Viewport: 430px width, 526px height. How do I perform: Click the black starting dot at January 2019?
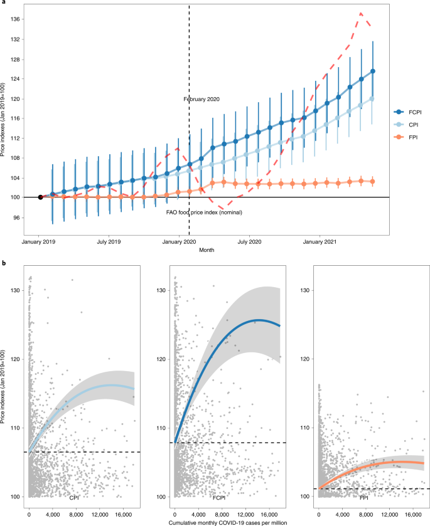click(x=40, y=197)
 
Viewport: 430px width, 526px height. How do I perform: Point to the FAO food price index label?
click(x=204, y=213)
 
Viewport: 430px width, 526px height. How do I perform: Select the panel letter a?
click(x=3, y=4)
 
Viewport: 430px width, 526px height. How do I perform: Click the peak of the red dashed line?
click(x=361, y=13)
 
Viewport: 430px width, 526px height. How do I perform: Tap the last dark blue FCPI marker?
click(x=373, y=71)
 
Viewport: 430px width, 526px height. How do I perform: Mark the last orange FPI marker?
click(x=373, y=181)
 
